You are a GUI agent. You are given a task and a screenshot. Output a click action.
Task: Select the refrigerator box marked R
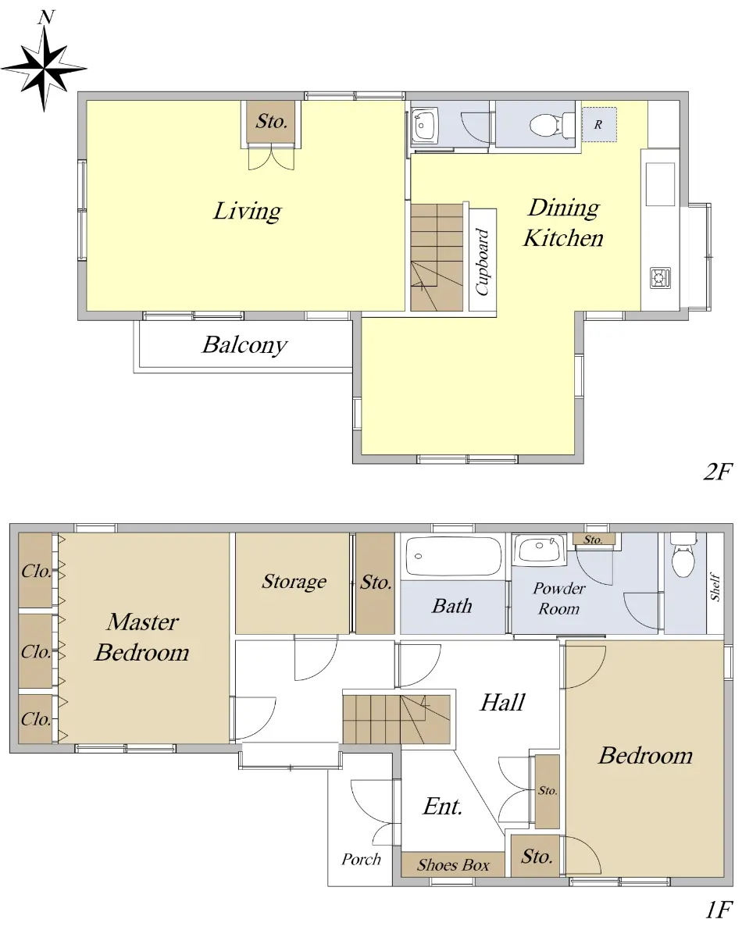pos(600,124)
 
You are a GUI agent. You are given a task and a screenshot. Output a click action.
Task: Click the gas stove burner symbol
pos(660,277)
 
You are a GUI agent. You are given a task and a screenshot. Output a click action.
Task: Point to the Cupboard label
pos(483,262)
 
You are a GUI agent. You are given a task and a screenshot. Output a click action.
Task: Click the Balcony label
pos(244,345)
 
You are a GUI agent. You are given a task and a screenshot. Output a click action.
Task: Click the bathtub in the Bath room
pos(453,557)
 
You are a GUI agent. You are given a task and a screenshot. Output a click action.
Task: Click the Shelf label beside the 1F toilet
pos(715,586)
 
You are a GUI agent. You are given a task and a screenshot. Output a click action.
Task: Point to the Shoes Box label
pos(453,864)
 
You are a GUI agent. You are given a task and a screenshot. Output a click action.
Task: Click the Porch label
pos(361,859)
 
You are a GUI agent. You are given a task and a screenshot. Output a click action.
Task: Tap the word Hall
pos(502,702)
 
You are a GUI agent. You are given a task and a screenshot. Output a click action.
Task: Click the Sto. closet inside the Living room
pos(271,122)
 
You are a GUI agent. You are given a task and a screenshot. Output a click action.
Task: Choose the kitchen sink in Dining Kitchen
pos(660,184)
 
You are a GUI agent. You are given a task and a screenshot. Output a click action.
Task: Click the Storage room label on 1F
pos(294,582)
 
